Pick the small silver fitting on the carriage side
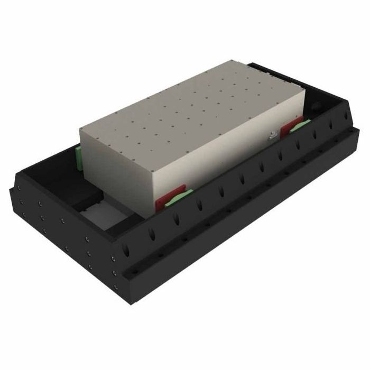[272, 136]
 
